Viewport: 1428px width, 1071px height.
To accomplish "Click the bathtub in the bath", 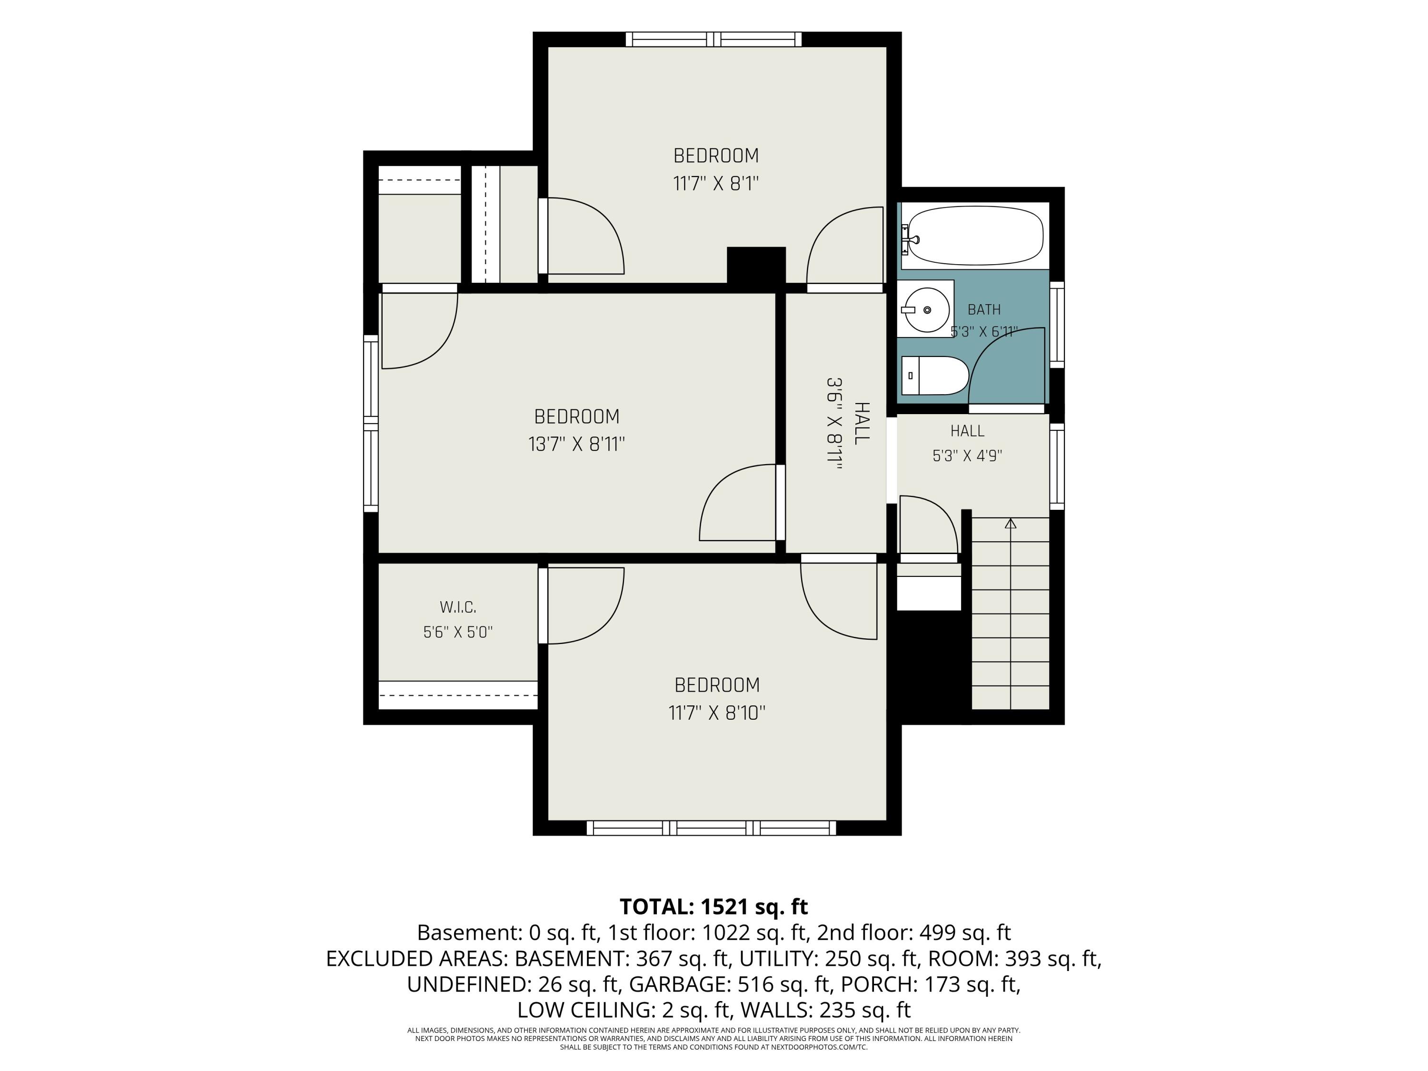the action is [975, 236].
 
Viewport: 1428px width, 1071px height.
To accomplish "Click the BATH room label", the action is [984, 310].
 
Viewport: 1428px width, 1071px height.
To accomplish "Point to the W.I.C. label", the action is [458, 607].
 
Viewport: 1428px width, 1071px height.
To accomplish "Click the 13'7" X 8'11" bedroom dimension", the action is [576, 444].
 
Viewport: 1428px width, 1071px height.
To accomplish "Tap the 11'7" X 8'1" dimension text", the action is [716, 184].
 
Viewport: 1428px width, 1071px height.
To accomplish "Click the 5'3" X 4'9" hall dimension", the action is [967, 456].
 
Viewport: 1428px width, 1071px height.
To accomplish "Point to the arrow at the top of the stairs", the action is [1011, 524].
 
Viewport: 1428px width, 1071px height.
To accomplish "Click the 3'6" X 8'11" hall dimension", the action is [835, 424].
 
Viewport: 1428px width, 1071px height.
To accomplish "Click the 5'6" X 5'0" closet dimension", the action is [458, 632].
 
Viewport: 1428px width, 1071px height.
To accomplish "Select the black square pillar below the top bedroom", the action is [756, 265].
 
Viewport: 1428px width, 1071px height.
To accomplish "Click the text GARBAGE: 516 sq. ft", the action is [730, 984].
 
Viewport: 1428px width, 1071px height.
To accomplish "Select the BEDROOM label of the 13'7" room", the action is [576, 416].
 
